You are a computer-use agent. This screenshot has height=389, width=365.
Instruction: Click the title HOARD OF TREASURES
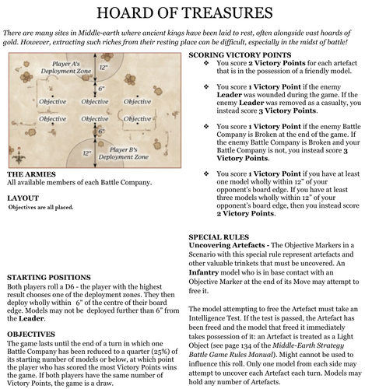(182, 15)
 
